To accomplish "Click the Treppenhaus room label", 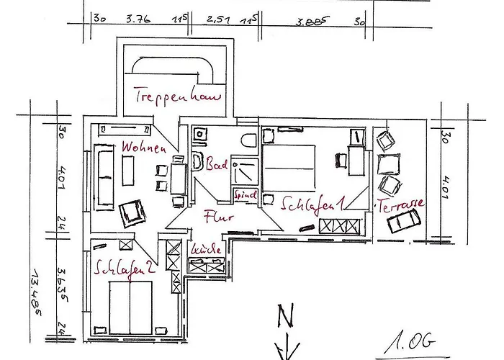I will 176,96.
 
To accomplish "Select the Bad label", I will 217,166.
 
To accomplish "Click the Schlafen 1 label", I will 311,204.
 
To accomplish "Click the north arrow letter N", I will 284,314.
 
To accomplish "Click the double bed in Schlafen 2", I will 130,306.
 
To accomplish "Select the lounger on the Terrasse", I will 401,224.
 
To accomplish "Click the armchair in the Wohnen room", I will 132,212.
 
